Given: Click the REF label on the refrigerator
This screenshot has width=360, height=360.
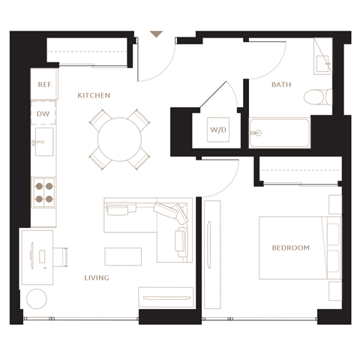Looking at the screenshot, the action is pyautogui.click(x=44, y=85).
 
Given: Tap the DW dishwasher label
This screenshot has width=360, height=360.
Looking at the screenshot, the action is pyautogui.click(x=43, y=114).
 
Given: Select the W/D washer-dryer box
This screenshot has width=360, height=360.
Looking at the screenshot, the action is pyautogui.click(x=218, y=130).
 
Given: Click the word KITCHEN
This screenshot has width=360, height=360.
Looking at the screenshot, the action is pyautogui.click(x=94, y=95).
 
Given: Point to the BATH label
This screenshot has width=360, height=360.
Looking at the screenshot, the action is pyautogui.click(x=281, y=85).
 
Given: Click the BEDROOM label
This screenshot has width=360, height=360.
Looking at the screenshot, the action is pyautogui.click(x=291, y=247).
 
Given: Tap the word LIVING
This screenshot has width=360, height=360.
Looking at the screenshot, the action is pyautogui.click(x=97, y=277).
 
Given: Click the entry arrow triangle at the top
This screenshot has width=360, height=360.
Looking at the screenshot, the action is pyautogui.click(x=156, y=34).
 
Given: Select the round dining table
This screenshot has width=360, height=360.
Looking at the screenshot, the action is pyautogui.click(x=120, y=139).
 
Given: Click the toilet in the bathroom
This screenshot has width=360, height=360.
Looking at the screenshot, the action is pyautogui.click(x=318, y=97).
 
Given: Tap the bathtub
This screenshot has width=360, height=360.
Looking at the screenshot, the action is pyautogui.click(x=280, y=133).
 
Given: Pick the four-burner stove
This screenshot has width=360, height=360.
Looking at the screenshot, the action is pyautogui.click(x=44, y=193).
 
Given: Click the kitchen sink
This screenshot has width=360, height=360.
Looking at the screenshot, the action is pyautogui.click(x=44, y=142).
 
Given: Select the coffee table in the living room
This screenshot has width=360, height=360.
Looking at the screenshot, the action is pyautogui.click(x=123, y=256).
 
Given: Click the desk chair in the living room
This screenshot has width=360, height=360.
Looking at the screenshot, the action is pyautogui.click(x=61, y=257).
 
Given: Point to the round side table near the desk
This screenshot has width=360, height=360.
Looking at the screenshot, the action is pyautogui.click(x=37, y=298).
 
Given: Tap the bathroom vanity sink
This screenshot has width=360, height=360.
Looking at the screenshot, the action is pyautogui.click(x=322, y=64).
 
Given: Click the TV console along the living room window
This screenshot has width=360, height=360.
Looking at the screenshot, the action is pyautogui.click(x=166, y=297).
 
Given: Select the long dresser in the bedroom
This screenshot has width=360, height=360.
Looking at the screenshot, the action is pyautogui.click(x=212, y=254).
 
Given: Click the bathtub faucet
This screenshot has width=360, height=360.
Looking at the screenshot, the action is pyautogui.click(x=256, y=133).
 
